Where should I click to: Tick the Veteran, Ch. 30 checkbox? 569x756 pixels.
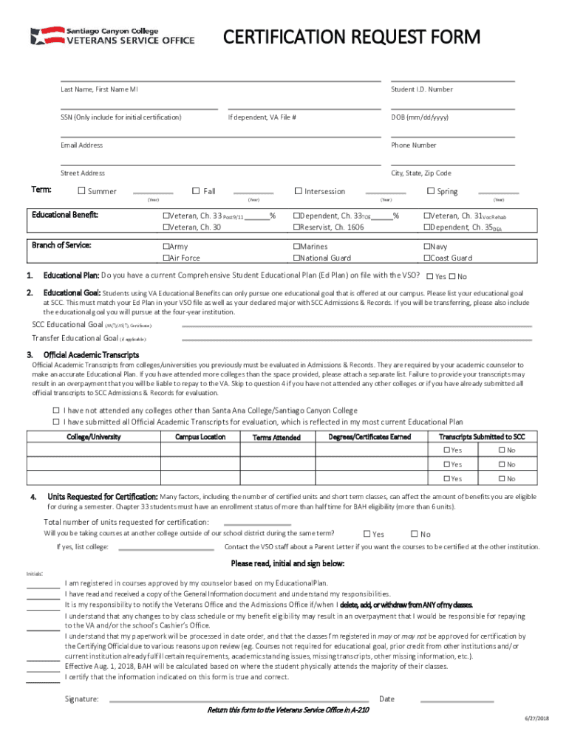coord(166,227)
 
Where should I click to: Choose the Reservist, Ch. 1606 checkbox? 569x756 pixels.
coord(296,227)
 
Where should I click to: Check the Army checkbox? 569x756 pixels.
coord(166,247)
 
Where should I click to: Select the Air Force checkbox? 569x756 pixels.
coord(166,258)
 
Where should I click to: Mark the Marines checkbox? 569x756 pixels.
coord(296,247)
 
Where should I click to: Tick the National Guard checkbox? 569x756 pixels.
coord(296,258)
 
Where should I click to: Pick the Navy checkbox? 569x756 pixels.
coord(426,247)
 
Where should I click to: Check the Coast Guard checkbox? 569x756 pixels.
coord(426,258)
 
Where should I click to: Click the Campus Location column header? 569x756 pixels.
coord(200,437)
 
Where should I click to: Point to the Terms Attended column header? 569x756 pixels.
coord(276,438)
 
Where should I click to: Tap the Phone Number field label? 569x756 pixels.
coord(414,145)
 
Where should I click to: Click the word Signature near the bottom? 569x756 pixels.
coord(81,698)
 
